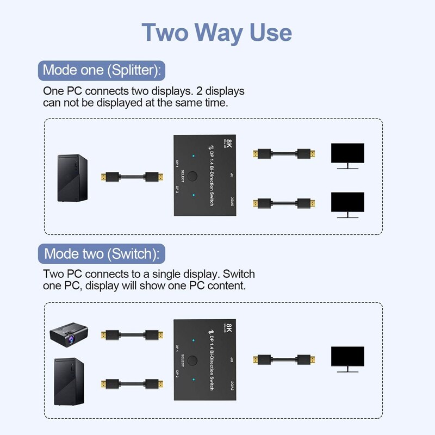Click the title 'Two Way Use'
pos(216,33)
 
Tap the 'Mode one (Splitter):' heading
pos(102,70)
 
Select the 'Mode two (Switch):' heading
pos(102,253)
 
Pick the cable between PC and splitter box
pos(130,177)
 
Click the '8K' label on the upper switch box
pos(229,145)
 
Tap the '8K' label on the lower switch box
pos(229,328)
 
